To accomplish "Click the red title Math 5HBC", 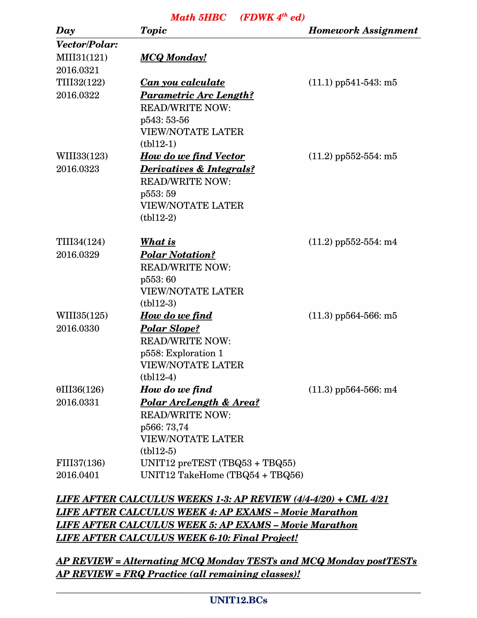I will pos(198,17).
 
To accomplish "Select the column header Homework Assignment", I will pos(363,30).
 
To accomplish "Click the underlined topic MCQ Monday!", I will pos(173,57).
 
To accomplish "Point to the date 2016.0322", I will pos(78,95).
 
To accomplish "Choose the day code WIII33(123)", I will pos(82,156).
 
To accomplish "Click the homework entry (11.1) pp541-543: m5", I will pos(353,82).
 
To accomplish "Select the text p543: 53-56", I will pos(165,120).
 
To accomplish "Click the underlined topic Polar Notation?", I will pos(178,255).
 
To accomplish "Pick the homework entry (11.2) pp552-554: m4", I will pos(353,242).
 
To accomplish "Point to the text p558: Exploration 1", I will pos(182,353).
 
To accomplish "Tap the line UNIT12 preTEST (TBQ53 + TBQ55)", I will pos(218,463).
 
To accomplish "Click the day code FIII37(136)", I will pos(81,463).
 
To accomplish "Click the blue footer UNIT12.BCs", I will pos(238,600).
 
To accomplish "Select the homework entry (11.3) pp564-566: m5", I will pos(353,316).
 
